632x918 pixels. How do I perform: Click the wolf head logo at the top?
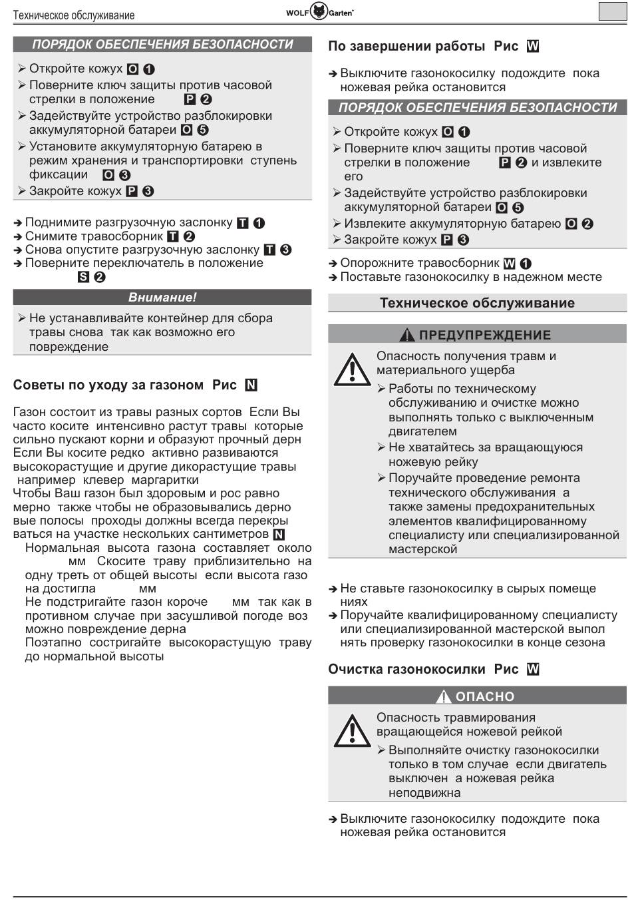pos(319,12)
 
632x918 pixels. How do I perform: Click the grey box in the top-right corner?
pos(612,12)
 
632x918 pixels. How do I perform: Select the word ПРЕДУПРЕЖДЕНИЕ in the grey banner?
pos(485,335)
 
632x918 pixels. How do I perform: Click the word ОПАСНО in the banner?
pos(485,696)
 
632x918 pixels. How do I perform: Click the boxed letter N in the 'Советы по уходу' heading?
pos(251,385)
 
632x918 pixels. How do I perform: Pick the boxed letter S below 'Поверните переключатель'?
pos(83,277)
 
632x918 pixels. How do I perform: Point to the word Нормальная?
pos(63,548)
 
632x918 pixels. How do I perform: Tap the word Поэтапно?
pos(53,642)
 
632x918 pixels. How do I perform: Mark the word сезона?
pos(584,642)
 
